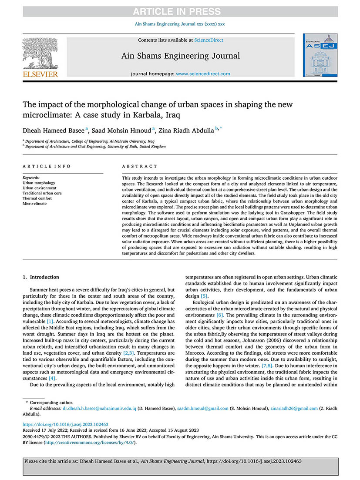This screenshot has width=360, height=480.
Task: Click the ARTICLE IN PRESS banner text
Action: [180, 12]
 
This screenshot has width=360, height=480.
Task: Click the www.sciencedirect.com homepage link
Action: [203, 74]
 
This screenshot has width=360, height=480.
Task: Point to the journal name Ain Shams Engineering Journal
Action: [180, 56]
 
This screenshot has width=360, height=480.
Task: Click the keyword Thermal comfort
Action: [38, 198]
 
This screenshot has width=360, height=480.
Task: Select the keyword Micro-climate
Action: [35, 203]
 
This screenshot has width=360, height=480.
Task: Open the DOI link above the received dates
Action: [65, 424]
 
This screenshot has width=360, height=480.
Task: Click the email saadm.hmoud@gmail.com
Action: [206, 409]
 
